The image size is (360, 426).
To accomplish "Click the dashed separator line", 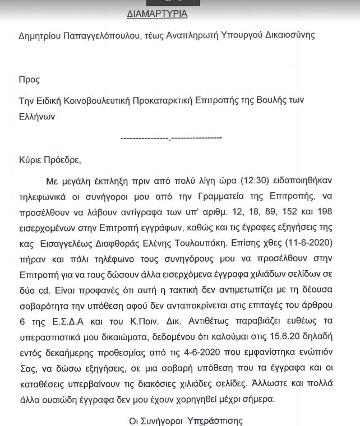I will (171, 138).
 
